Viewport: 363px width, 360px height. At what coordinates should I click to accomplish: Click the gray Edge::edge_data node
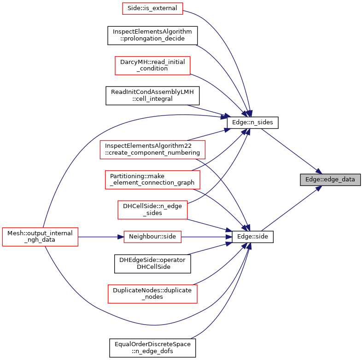click(330, 180)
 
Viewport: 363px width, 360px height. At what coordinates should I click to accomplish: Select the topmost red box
click(152, 8)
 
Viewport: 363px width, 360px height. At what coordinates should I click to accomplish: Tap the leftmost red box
click(40, 237)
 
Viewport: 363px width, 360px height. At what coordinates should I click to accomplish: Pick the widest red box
click(152, 150)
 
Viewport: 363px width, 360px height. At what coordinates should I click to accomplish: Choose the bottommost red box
click(152, 294)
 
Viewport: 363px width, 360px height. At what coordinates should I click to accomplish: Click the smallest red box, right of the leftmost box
click(152, 237)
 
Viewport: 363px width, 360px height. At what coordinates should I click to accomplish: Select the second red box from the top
click(152, 66)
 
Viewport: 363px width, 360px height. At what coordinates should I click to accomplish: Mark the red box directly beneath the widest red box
click(152, 180)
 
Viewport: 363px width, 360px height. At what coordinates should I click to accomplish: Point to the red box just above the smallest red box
click(152, 210)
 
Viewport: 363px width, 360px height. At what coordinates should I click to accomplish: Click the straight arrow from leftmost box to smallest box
click(99, 237)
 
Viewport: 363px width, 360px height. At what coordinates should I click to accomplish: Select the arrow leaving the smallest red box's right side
click(205, 237)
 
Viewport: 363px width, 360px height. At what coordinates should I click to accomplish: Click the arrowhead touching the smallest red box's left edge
click(121, 237)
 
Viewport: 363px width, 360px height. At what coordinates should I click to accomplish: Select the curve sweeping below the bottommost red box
click(152, 325)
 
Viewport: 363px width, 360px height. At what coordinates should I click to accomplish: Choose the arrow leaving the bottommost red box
click(221, 269)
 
